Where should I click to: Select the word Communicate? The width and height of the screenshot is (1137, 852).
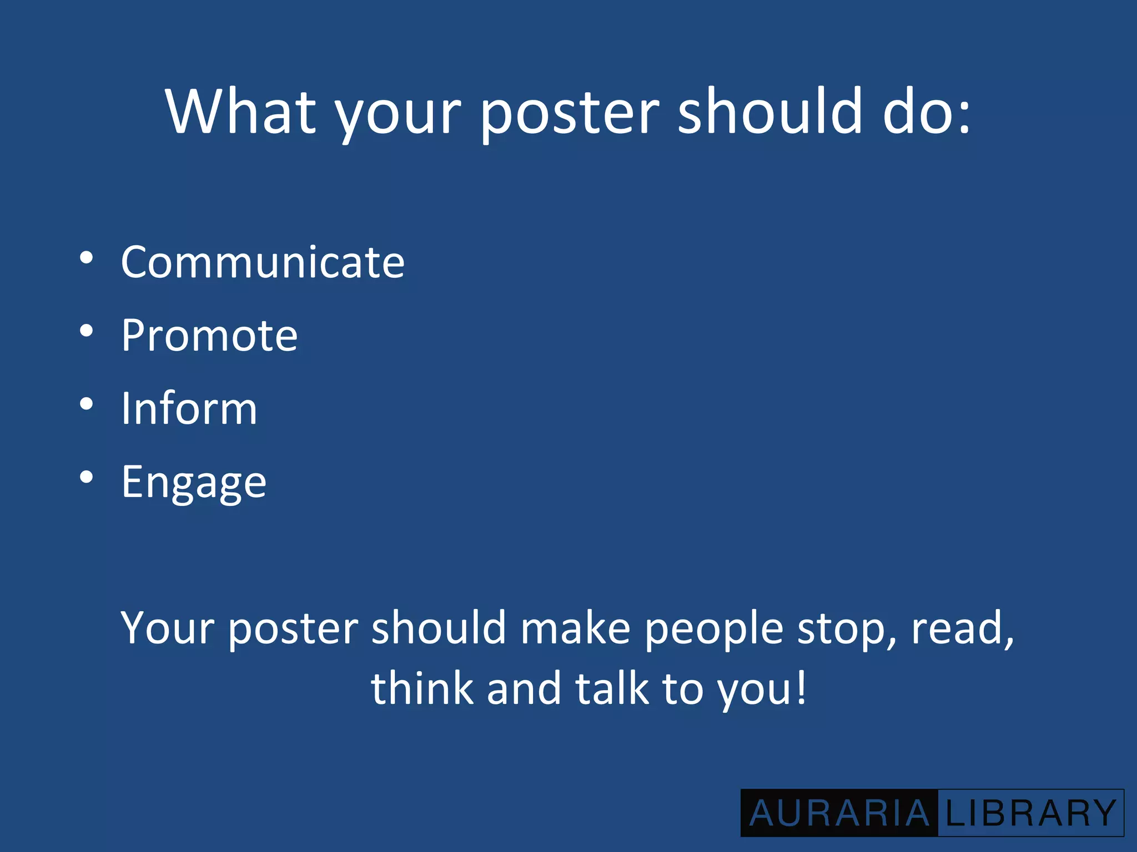[x=263, y=262]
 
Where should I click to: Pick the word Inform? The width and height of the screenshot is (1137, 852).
[x=189, y=408]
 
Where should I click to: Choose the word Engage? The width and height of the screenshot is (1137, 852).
[x=194, y=483]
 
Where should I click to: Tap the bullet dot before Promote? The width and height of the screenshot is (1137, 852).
[x=86, y=331]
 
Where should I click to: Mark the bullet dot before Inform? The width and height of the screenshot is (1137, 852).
[x=86, y=404]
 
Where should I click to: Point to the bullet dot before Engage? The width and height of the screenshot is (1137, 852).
[x=86, y=477]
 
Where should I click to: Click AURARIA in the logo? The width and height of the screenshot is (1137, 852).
[x=839, y=814]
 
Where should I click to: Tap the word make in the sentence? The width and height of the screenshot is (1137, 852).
[x=575, y=628]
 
